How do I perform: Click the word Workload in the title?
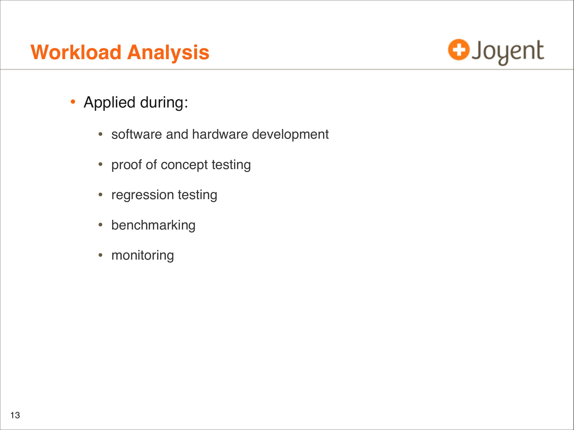point(76,52)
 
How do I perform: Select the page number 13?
point(15,415)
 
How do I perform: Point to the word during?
point(164,102)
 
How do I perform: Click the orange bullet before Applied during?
point(73,102)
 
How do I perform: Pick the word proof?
point(126,165)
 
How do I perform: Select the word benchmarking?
point(153,225)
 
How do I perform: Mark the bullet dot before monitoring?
point(100,255)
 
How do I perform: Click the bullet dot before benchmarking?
point(100,224)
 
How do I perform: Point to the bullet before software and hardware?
point(100,134)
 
